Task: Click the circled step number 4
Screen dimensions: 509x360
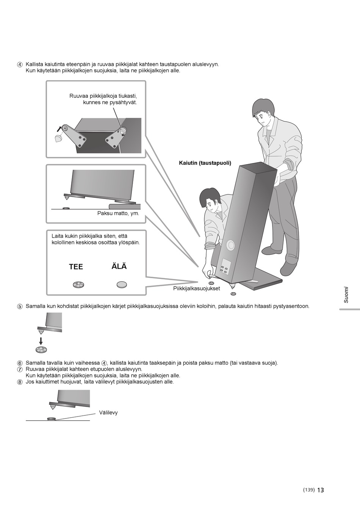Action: tap(20, 64)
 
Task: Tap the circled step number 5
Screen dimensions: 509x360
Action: tap(20, 307)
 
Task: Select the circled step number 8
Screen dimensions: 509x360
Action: tap(20, 382)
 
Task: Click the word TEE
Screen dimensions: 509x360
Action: tap(76, 267)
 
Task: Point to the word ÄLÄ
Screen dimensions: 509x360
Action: tap(119, 266)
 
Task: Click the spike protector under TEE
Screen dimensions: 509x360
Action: tap(78, 285)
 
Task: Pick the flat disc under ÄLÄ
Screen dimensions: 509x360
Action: tap(122, 285)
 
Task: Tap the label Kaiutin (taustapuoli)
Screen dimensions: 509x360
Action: tap(205, 163)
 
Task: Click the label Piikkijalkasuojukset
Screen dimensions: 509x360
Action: tap(196, 289)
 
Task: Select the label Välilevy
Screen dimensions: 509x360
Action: tap(108, 413)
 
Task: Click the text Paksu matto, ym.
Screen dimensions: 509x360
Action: tap(118, 213)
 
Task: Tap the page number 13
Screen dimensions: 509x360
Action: tap(321, 490)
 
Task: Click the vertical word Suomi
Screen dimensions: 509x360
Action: tap(346, 294)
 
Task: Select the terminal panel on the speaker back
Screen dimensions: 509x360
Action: tap(225, 267)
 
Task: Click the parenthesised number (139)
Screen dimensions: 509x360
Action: tap(309, 490)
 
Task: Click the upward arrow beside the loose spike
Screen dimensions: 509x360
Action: tap(59, 129)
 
